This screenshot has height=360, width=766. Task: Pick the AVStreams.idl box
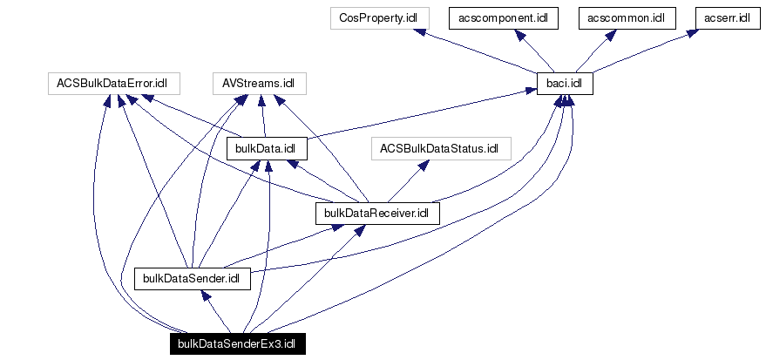tap(259, 84)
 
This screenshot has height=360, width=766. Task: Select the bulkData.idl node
tap(267, 148)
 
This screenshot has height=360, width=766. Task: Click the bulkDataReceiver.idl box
tap(376, 213)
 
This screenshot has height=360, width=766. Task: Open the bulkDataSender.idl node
tap(192, 278)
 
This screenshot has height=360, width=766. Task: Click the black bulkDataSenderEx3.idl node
tap(237, 343)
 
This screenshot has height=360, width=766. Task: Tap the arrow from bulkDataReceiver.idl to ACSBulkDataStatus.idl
tap(408, 180)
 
